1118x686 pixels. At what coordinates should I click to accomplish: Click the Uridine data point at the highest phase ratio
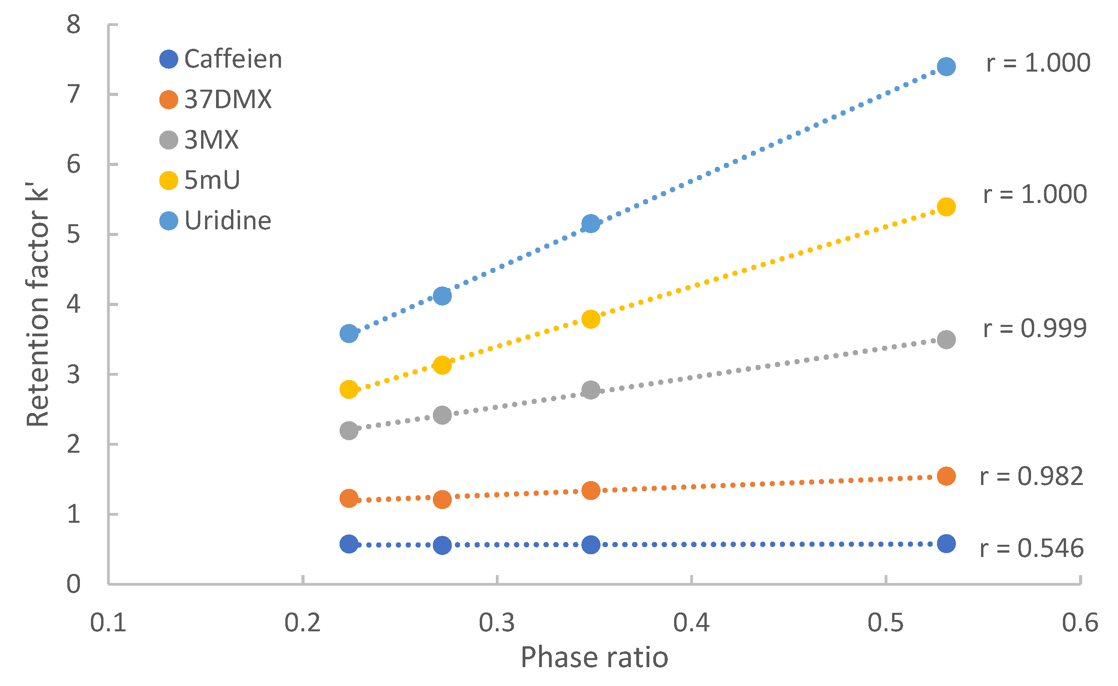pyautogui.click(x=946, y=67)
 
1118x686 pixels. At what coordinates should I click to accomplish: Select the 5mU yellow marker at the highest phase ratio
pyautogui.click(x=946, y=207)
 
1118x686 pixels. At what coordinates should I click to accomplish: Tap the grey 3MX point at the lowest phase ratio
pyautogui.click(x=349, y=430)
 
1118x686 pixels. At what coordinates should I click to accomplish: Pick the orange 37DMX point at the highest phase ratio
pyautogui.click(x=946, y=476)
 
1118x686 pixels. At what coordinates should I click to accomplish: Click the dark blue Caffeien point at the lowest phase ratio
pyautogui.click(x=349, y=544)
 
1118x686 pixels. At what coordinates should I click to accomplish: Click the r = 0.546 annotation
pyautogui.click(x=1031, y=548)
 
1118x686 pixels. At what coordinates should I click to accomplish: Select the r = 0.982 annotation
pyautogui.click(x=1031, y=476)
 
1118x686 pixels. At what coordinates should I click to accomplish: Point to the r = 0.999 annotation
pyautogui.click(x=1035, y=328)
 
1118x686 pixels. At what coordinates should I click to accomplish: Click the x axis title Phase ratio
pyautogui.click(x=594, y=657)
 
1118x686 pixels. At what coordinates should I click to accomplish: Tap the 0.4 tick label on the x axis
pyautogui.click(x=691, y=623)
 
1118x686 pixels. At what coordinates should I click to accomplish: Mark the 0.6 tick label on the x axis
pyautogui.click(x=1079, y=623)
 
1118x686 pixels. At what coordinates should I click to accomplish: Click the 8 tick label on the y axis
pyautogui.click(x=73, y=24)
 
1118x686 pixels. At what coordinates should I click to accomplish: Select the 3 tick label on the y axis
pyautogui.click(x=73, y=375)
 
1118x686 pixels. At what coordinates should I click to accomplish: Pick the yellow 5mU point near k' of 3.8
pyautogui.click(x=591, y=319)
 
